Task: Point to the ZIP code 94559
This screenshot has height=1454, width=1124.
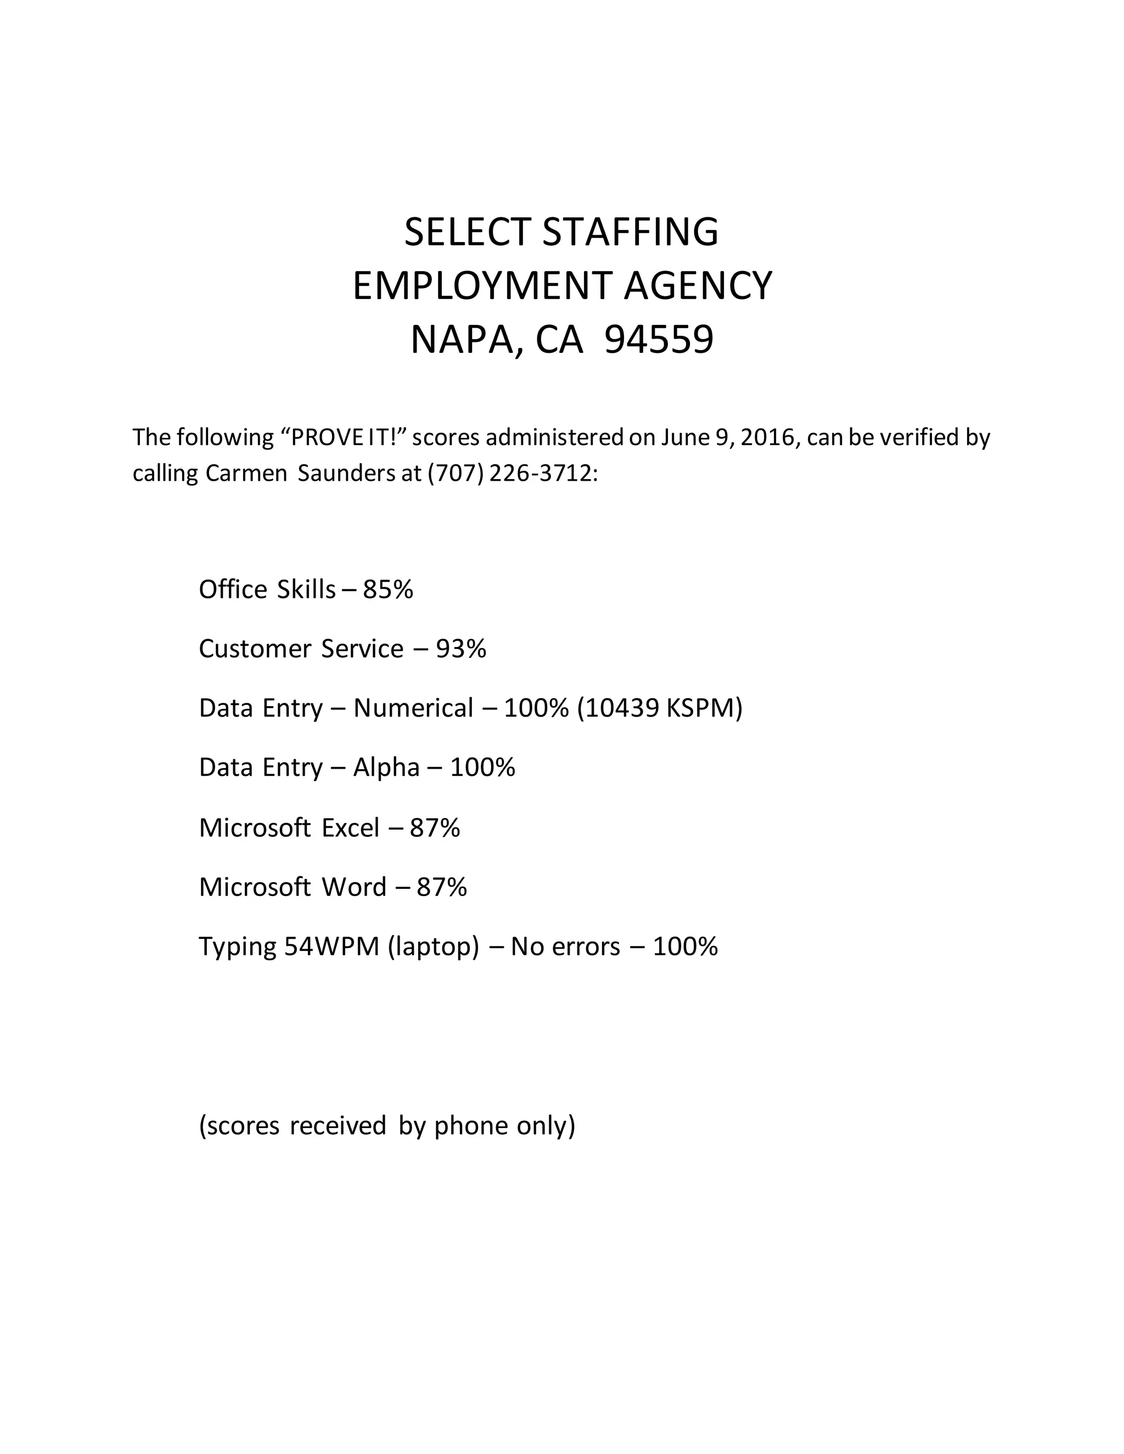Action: pos(659,340)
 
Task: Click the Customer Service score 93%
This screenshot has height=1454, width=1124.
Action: pos(461,649)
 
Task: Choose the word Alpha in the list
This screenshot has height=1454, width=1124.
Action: pos(386,768)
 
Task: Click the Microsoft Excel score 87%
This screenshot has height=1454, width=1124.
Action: pos(435,827)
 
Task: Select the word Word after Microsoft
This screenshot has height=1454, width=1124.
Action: pos(354,887)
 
